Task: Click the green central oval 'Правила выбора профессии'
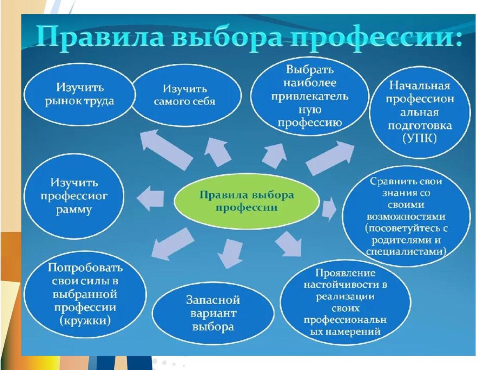click(x=246, y=201)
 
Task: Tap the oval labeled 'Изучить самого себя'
click(x=184, y=95)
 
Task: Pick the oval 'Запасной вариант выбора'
click(x=213, y=313)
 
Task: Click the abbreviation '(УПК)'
click(x=419, y=139)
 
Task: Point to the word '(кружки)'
click(x=85, y=321)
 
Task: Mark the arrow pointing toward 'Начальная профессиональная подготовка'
click(x=331, y=157)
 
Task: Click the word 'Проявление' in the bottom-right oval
click(x=345, y=273)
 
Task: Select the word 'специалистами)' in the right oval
click(x=405, y=252)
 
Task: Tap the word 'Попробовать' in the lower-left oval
click(x=85, y=268)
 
